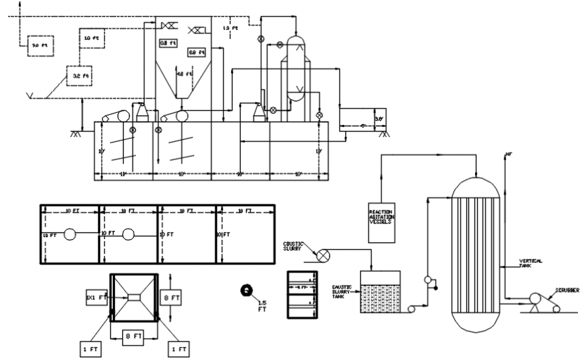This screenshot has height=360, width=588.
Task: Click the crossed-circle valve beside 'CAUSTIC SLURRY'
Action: coord(324,255)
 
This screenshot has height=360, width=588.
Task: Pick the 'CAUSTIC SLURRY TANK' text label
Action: coord(343,291)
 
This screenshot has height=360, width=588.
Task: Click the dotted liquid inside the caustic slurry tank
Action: coord(380,297)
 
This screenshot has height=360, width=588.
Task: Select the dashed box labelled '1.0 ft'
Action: coord(92,38)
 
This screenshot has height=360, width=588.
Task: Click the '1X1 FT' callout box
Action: coord(95,297)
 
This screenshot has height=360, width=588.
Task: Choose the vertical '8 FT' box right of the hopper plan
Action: coord(172,297)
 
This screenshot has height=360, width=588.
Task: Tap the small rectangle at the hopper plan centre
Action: coord(133,297)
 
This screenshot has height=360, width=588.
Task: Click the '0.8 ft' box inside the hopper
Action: coord(168,43)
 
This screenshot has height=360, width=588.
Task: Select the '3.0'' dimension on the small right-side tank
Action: coord(379,118)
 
